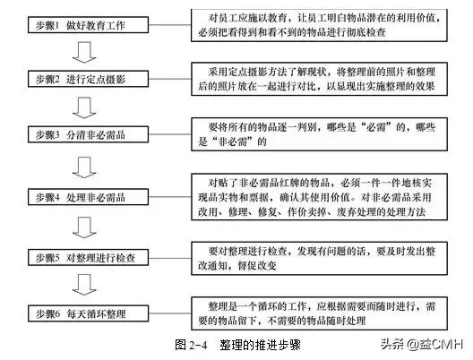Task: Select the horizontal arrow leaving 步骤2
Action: coord(176,79)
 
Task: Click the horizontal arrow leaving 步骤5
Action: coord(176,258)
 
